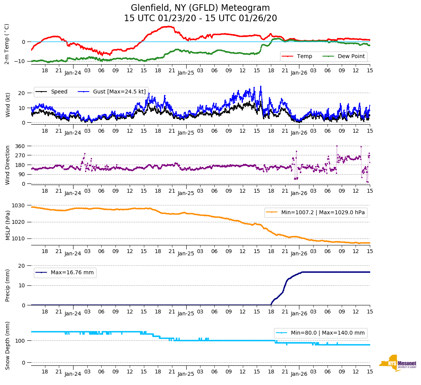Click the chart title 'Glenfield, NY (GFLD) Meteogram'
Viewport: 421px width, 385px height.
200,8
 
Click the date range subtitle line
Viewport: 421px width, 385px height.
200,18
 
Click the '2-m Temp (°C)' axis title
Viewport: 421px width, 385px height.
7,44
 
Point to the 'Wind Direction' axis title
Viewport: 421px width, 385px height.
7,165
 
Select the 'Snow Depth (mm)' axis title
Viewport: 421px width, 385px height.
7,345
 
